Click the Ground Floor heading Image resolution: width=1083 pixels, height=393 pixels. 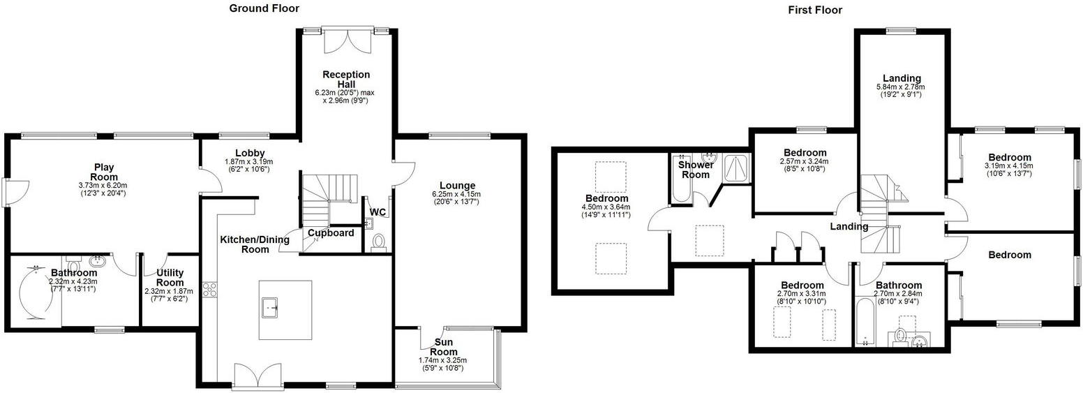click(264, 9)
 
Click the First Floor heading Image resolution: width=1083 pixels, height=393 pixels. click(815, 10)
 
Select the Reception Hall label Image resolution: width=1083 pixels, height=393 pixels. click(346, 80)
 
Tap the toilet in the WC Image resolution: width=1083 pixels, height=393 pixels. click(380, 242)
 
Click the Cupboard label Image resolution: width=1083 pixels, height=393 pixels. click(331, 233)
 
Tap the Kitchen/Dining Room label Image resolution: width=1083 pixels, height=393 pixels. click(255, 244)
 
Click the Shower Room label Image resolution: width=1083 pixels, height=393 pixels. click(696, 170)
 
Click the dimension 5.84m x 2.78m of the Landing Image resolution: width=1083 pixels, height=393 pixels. click(902, 87)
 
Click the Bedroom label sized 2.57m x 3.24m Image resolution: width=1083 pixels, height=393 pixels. click(805, 153)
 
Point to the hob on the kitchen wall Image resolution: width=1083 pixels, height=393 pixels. click(207, 290)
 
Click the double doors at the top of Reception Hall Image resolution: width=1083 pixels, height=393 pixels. click(346, 41)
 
